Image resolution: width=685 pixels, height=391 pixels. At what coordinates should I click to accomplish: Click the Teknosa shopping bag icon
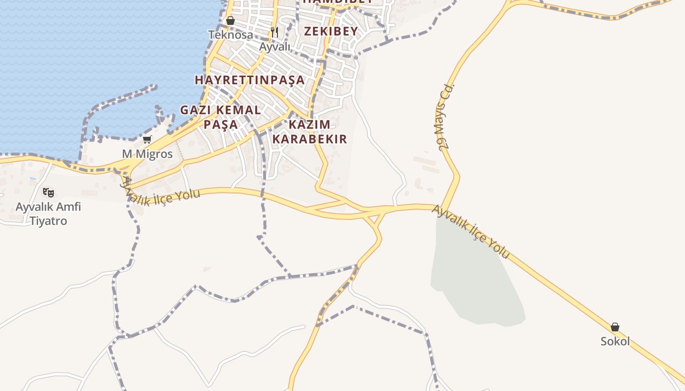[x=230, y=21]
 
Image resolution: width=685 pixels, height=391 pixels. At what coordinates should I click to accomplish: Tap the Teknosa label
[x=230, y=35]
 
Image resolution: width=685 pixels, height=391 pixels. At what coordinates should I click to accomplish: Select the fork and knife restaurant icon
[x=274, y=33]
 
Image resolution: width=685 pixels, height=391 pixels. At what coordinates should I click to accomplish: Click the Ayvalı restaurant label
[x=274, y=47]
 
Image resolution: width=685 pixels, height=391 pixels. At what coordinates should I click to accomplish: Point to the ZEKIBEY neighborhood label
[x=331, y=31]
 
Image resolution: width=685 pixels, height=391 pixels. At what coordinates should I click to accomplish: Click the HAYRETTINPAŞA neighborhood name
[x=250, y=80]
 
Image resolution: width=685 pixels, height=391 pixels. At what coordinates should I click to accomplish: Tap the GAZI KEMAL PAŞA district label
[x=221, y=117]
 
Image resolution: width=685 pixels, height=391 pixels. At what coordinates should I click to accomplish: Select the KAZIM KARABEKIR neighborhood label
[x=309, y=131]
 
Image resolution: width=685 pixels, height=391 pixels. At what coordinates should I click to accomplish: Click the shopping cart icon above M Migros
[x=147, y=140]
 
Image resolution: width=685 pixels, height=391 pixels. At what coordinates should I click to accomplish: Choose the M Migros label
[x=147, y=154]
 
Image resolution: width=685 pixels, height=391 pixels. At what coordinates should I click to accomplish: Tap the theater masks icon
[x=48, y=193]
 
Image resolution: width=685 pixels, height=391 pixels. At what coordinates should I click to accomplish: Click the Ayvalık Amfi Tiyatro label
[x=48, y=214]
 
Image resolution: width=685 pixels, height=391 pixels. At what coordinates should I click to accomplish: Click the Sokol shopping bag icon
[x=615, y=327]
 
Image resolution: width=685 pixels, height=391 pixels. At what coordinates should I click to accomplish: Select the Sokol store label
[x=615, y=341]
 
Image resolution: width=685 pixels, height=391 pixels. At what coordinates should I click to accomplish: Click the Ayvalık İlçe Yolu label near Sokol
[x=471, y=232]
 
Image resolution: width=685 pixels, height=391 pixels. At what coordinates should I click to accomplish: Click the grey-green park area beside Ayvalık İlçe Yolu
[x=475, y=279]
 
